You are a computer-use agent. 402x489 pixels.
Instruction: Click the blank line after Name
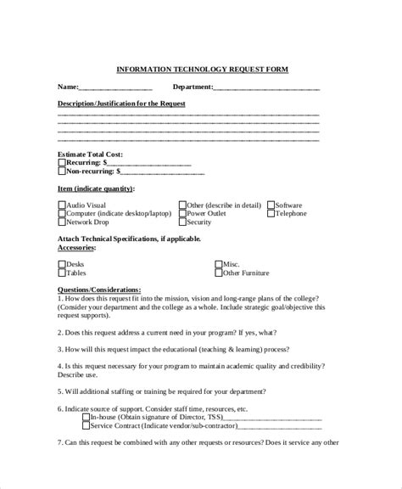[115, 87]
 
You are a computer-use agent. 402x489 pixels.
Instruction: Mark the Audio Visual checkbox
[61, 205]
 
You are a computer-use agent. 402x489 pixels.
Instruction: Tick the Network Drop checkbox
[61, 222]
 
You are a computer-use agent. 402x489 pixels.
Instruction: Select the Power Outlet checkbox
[182, 214]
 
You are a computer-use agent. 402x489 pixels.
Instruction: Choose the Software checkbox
[271, 205]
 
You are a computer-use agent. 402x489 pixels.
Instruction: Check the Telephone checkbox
[271, 214]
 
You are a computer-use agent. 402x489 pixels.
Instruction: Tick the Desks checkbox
[61, 265]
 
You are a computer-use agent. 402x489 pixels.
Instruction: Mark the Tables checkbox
[61, 273]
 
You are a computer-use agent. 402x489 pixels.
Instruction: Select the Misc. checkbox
[218, 265]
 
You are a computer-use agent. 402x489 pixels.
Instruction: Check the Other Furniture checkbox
[218, 273]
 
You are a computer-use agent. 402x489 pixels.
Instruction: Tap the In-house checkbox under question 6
[61, 418]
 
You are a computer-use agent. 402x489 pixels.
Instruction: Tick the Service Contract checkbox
[61, 426]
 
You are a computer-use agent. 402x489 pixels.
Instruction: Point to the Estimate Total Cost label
[90, 154]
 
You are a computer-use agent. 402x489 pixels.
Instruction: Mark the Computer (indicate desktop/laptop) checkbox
[61, 214]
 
